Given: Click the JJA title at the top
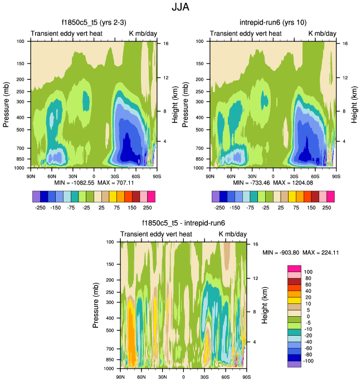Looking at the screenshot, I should (x=180, y=8).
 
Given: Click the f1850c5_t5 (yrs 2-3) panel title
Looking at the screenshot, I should (x=94, y=24).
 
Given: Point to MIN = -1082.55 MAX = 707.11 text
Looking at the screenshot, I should (x=94, y=182).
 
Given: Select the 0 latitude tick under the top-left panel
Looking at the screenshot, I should (x=94, y=176).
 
